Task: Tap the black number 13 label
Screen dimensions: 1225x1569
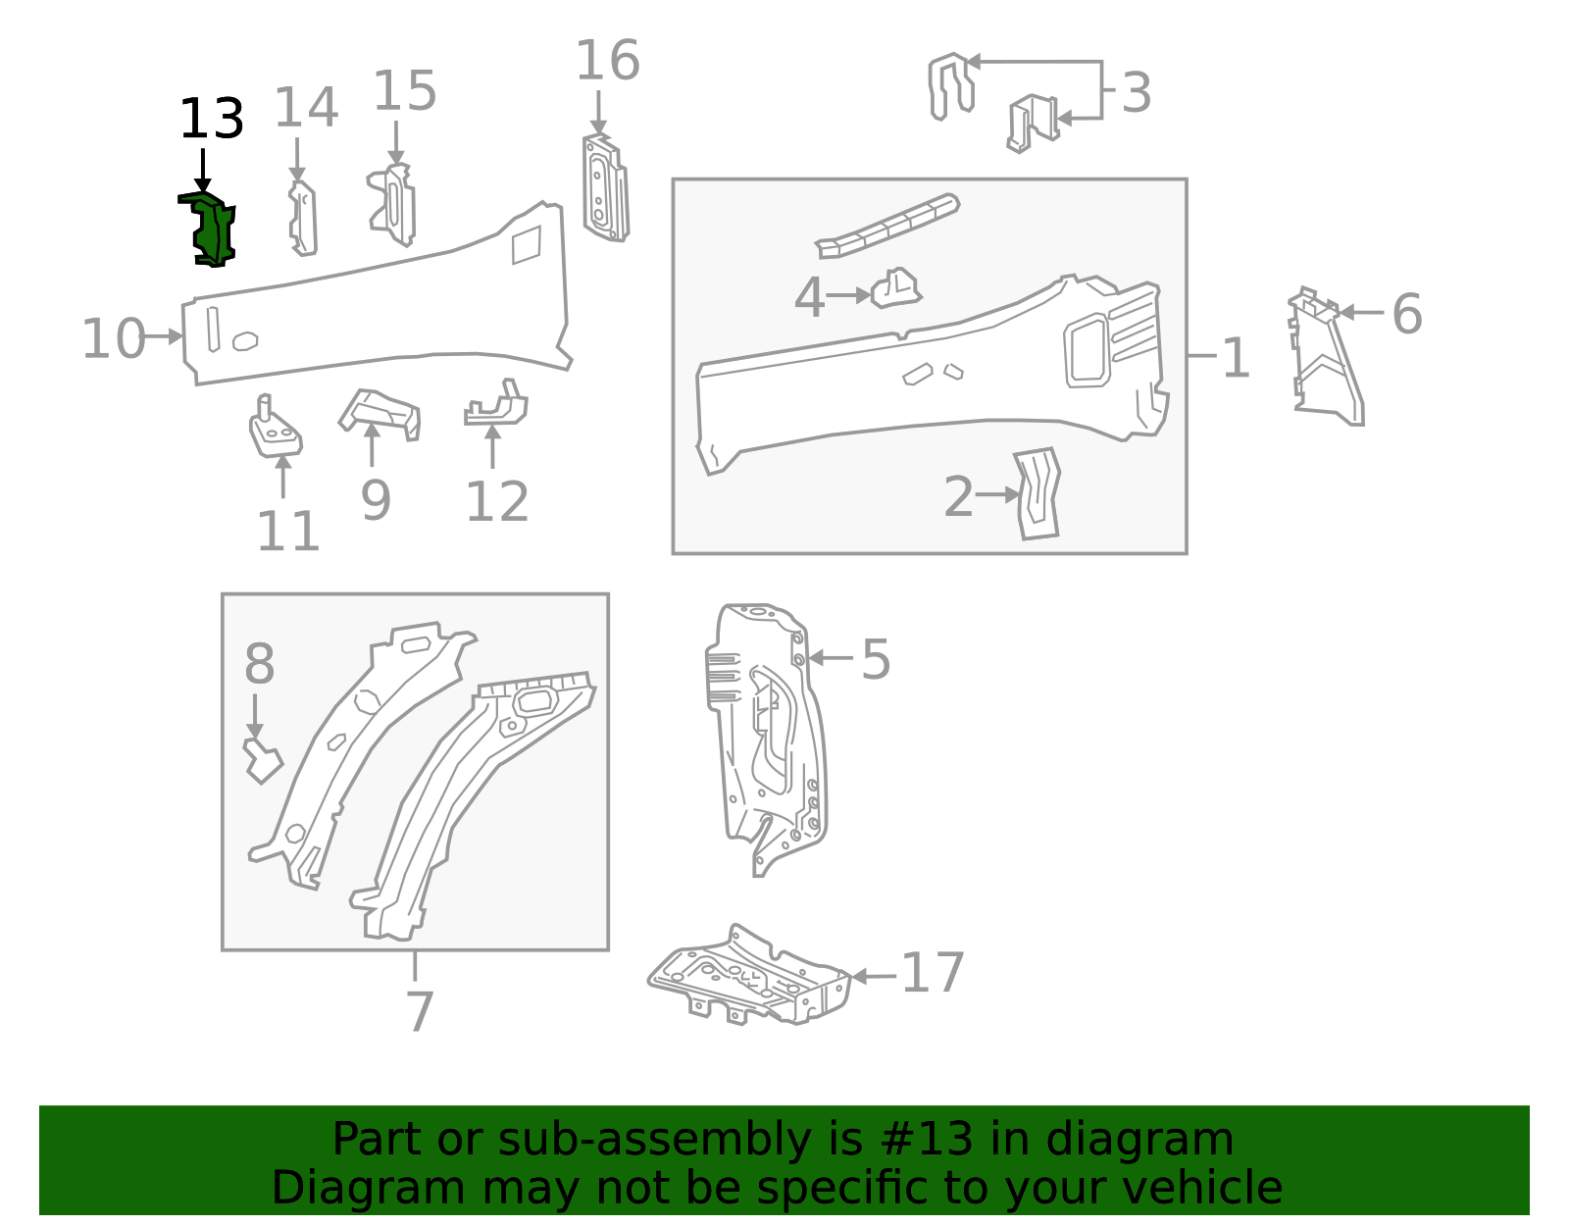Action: pos(211,120)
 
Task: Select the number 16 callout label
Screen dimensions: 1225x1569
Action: pos(607,61)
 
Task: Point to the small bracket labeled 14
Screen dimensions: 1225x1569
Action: pos(303,219)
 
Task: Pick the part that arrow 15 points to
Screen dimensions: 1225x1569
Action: pos(394,206)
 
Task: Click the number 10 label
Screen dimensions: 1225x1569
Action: pos(113,339)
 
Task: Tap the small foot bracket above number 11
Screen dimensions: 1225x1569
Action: pos(274,431)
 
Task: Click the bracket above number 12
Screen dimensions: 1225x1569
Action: pos(498,405)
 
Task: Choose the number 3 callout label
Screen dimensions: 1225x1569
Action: pos(1136,93)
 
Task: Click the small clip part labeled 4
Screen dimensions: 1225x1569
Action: pos(895,288)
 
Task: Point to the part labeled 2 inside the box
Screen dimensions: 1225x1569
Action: pos(1038,493)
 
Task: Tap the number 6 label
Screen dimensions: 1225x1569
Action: pos(1406,314)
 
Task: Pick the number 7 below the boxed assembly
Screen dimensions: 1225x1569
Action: pos(419,1011)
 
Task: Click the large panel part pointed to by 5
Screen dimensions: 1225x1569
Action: pos(766,736)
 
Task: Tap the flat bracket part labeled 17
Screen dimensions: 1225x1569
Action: pos(750,977)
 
